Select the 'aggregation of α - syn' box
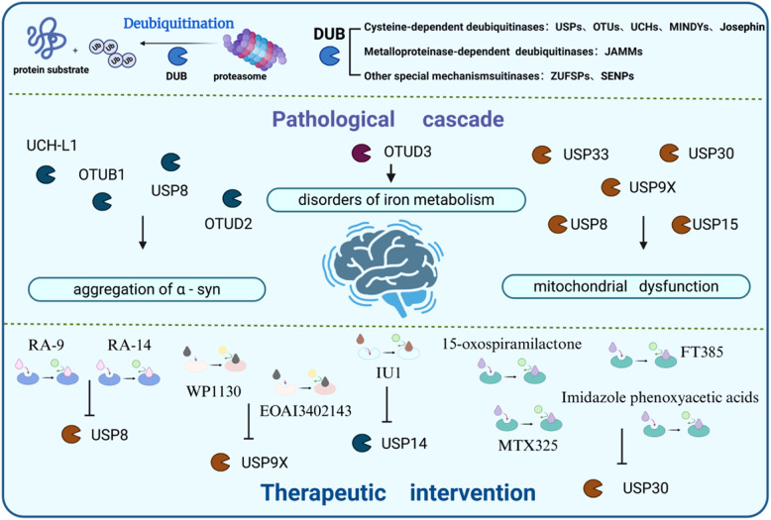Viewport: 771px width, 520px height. click(x=147, y=289)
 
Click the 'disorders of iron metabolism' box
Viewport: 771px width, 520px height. click(x=395, y=200)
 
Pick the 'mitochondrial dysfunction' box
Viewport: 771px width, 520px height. click(x=626, y=286)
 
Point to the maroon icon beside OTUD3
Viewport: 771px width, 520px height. click(x=362, y=153)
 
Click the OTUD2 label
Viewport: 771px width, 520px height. click(x=228, y=224)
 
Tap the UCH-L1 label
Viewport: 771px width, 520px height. click(x=52, y=146)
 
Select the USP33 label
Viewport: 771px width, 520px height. click(x=586, y=155)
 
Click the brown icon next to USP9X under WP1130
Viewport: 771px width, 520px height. click(x=220, y=463)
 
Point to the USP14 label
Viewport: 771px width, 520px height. click(x=404, y=444)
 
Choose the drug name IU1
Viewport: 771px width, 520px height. click(x=388, y=373)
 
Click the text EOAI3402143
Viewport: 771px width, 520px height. click(x=305, y=411)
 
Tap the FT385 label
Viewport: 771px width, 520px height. click(x=702, y=353)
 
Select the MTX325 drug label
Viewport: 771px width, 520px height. click(x=527, y=446)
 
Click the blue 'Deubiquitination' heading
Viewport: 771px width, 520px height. click(x=178, y=24)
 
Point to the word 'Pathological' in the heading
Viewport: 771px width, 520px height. click(x=333, y=120)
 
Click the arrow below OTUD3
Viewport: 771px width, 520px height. click(x=390, y=173)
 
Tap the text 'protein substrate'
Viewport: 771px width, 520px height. click(x=52, y=69)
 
